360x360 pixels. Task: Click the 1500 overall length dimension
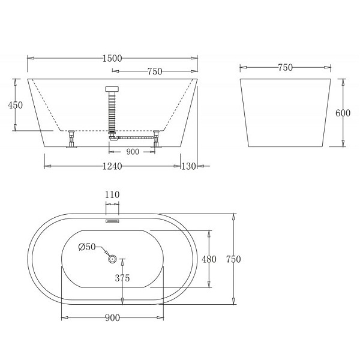coord(112,59)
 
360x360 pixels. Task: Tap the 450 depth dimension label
coord(15,105)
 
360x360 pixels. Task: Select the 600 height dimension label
coord(343,113)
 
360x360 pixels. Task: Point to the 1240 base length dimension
coord(112,166)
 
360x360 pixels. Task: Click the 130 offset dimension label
coord(189,166)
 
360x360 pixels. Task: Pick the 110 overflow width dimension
coord(112,194)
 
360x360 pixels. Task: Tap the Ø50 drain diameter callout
coord(87,247)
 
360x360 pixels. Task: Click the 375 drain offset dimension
coord(122,278)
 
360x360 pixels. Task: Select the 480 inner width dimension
coord(209,259)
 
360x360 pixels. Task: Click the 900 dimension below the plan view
coord(113,318)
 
